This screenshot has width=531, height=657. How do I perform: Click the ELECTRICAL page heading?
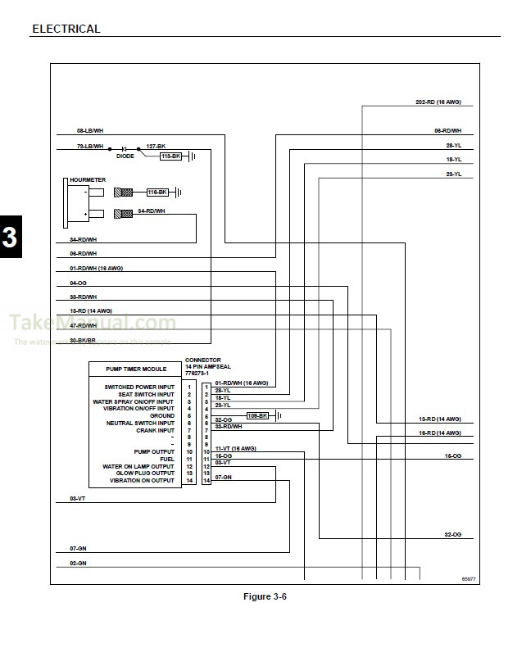(66, 29)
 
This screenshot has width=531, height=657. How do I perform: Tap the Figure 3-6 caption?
(265, 596)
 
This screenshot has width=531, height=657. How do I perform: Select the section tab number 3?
(10, 238)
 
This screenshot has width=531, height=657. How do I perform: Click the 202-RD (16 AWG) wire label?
(438, 102)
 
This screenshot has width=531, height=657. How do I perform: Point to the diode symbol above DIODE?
(124, 147)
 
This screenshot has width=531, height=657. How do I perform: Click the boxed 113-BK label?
(170, 156)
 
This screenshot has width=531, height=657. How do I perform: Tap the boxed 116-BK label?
(157, 192)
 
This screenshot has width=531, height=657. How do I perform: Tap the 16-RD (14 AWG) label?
(440, 432)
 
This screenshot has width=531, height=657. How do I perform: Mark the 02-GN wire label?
(79, 564)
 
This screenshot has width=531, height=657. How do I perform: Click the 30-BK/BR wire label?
(83, 340)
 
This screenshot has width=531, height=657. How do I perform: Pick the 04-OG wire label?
(79, 283)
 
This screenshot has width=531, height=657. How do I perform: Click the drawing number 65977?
(468, 578)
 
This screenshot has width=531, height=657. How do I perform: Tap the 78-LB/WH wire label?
(90, 146)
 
